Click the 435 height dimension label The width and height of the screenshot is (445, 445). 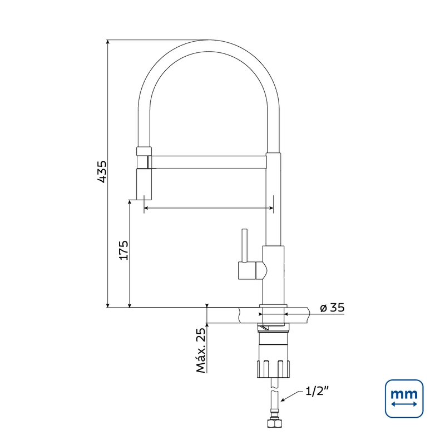[x=102, y=172]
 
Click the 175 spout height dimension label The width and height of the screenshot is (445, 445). [x=123, y=250]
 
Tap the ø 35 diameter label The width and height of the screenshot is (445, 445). [x=332, y=308]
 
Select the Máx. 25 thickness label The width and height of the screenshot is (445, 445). [x=201, y=351]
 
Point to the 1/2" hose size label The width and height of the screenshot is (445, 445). [x=317, y=392]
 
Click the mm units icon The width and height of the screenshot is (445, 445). [x=404, y=399]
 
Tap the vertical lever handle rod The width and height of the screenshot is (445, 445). [x=244, y=245]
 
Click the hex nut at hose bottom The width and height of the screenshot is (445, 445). [x=274, y=423]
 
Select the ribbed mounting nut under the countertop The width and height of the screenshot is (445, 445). [x=274, y=369]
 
